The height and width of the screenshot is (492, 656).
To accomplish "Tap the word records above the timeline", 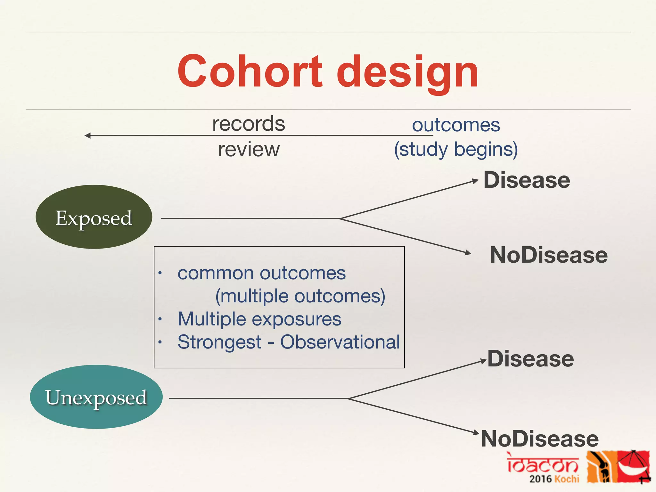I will (249, 124).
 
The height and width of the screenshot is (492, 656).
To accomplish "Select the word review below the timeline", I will (249, 150).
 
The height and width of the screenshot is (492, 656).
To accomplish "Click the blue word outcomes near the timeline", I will (456, 125).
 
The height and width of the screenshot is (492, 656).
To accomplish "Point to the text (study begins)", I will (456, 150).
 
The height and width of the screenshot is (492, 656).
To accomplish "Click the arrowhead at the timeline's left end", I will (87, 136).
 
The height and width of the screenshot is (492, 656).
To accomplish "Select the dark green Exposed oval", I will (94, 217).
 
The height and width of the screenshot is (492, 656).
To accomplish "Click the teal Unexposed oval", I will (96, 397).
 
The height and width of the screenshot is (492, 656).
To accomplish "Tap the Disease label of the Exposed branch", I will (527, 180).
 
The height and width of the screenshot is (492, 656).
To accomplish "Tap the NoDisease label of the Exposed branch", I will (548, 255).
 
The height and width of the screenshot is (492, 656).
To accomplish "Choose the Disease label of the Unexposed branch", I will (530, 359).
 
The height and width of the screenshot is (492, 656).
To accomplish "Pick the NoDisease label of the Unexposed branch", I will (540, 439).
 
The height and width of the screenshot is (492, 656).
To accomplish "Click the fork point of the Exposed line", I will (340, 218).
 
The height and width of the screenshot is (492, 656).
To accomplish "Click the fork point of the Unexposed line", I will (348, 398).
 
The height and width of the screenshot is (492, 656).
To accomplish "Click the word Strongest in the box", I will (219, 342).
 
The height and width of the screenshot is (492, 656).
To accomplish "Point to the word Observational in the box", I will (340, 342).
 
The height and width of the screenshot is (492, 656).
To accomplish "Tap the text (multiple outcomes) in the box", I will (300, 296).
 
